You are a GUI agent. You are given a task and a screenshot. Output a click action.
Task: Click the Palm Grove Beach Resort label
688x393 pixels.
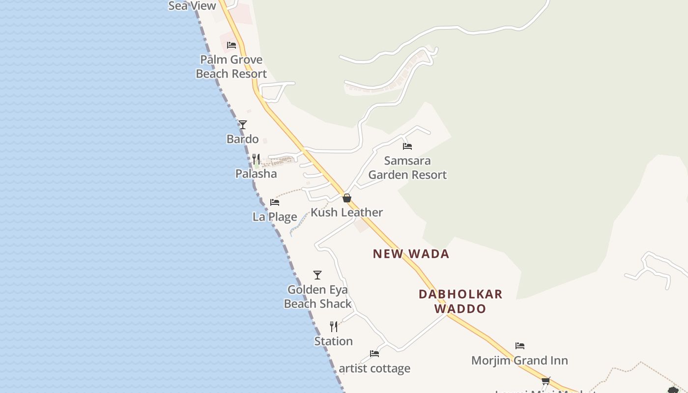(231, 67)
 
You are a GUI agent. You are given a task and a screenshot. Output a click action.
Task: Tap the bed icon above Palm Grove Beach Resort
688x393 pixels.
(231, 45)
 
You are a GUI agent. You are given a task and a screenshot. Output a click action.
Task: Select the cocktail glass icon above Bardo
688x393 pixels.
(243, 125)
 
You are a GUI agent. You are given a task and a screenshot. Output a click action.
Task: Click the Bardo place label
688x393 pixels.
(243, 139)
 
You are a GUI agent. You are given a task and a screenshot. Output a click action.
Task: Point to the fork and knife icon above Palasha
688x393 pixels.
(256, 159)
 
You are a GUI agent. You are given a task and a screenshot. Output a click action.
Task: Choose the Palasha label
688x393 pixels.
(256, 174)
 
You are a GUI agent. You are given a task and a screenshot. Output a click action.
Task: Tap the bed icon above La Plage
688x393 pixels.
(275, 202)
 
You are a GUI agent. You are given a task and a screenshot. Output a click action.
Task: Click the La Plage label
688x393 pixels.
(275, 217)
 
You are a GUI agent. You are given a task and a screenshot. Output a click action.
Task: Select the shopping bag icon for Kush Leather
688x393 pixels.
(347, 198)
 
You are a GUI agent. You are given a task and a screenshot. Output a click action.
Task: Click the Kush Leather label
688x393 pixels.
(347, 212)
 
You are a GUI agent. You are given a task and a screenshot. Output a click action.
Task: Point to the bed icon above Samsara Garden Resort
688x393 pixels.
(407, 146)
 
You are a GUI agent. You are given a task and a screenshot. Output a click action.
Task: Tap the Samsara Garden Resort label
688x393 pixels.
(407, 168)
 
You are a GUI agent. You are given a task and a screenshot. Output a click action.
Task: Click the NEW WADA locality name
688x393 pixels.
(411, 254)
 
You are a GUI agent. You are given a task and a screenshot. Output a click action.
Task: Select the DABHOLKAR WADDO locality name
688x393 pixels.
(460, 301)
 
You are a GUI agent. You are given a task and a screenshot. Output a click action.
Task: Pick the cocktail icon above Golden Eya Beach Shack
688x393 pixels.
(317, 275)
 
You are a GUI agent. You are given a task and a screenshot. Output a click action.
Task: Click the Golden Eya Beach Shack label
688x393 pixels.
(318, 297)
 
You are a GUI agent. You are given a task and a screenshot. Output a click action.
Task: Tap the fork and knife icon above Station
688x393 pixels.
(334, 327)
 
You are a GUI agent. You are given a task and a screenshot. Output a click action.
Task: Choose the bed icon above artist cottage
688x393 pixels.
(374, 354)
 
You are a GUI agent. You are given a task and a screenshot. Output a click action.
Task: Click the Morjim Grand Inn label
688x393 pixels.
(519, 361)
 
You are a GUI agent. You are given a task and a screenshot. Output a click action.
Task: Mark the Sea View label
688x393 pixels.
(192, 6)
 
